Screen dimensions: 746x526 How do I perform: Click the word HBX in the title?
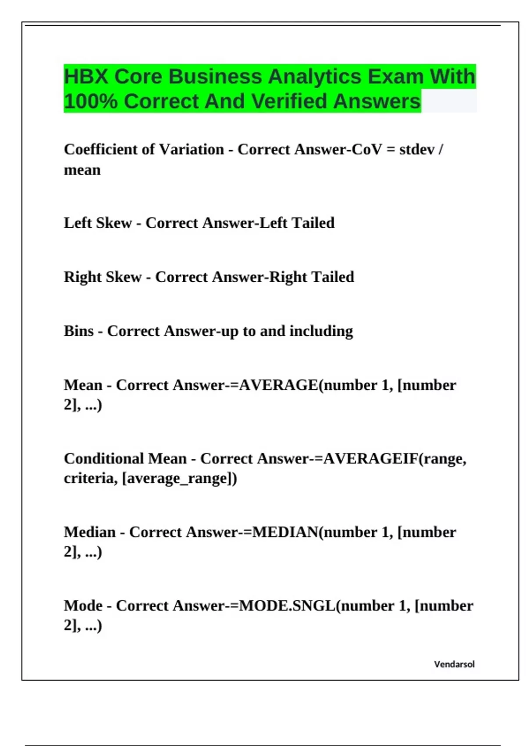pos(86,77)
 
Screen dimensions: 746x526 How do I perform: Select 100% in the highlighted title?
pos(91,101)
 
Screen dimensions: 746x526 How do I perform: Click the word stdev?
pos(416,150)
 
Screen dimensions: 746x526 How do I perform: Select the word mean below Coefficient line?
pos(82,170)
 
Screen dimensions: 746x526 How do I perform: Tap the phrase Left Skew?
pos(98,223)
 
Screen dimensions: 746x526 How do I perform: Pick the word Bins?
pos(79,331)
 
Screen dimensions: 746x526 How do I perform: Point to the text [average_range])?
pos(180,478)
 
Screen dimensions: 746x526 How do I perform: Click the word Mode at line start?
pos(83,606)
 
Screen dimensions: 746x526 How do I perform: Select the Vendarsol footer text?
pos(454,664)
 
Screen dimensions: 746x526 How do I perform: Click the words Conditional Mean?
pos(125,459)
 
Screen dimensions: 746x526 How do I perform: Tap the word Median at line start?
pos(90,532)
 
